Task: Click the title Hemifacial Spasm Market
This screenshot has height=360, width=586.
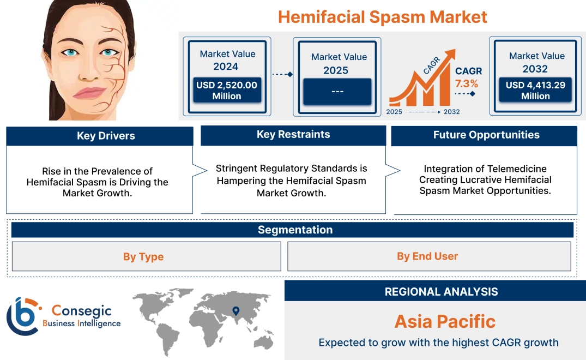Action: pos(382,16)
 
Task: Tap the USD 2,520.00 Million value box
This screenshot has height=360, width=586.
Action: pos(226,91)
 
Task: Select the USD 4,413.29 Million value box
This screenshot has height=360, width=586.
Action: pos(535,91)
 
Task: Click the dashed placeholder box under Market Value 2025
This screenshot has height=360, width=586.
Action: pos(337,91)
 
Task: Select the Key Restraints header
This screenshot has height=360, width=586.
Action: pos(293,135)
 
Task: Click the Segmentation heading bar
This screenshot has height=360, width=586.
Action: pos(294,230)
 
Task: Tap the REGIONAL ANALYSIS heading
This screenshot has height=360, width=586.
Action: pos(441,292)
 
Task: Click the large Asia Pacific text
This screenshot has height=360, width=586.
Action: pos(445,321)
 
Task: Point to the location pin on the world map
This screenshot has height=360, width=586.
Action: pos(235,311)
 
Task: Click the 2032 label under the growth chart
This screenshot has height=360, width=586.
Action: pos(451,112)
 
